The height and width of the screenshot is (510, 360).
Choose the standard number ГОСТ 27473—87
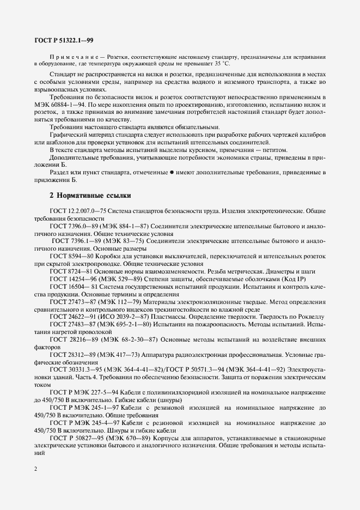[73, 301]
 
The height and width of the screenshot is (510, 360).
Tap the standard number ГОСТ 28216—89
[73, 339]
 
